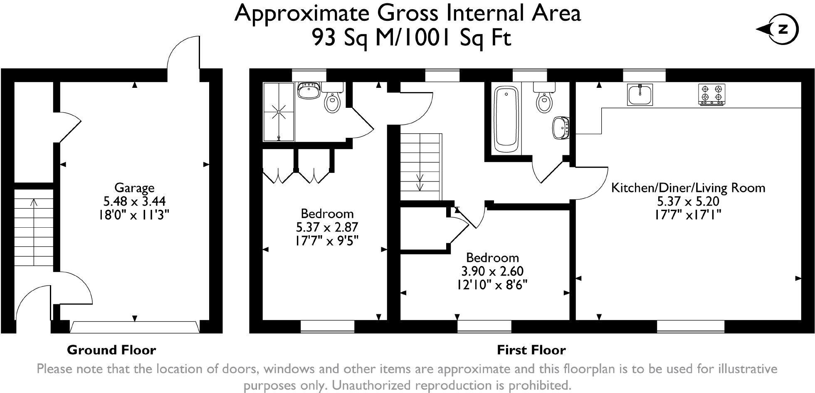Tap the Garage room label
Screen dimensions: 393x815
(134, 188)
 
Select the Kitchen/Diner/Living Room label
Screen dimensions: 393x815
(688, 188)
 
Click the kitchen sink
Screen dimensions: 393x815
(640, 95)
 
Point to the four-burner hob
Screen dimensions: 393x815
(711, 95)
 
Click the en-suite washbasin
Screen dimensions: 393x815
(309, 91)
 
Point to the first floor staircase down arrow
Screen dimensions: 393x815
(420, 182)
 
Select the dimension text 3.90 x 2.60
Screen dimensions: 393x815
(492, 271)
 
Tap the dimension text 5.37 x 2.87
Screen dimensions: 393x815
(327, 227)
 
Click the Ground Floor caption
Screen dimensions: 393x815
(111, 350)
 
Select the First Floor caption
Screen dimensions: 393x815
(531, 350)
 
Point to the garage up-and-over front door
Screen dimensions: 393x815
(134, 327)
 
